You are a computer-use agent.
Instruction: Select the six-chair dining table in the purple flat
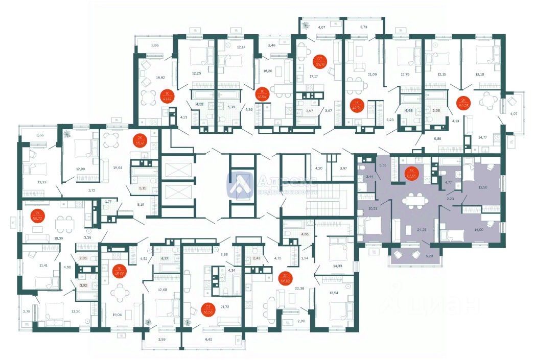pos(414,200)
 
